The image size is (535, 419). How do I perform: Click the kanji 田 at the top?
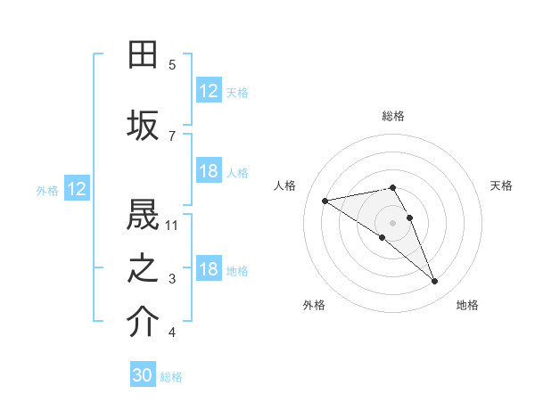tap(143, 54)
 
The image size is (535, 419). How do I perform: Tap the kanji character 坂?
tap(143, 126)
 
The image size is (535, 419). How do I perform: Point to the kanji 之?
tap(143, 268)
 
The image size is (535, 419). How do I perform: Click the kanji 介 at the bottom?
tap(143, 323)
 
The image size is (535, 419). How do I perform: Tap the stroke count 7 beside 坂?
tap(172, 136)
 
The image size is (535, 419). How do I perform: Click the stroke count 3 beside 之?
tap(172, 279)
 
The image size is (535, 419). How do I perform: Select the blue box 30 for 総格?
tap(143, 375)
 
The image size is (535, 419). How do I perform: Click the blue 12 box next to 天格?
tap(209, 91)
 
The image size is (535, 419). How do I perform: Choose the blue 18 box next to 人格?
tap(209, 171)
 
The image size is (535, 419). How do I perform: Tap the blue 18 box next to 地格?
tap(209, 269)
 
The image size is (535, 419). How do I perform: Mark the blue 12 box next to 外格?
tap(77, 189)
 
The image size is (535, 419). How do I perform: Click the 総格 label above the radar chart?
tap(393, 116)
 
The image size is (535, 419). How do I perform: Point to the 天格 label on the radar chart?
tap(501, 185)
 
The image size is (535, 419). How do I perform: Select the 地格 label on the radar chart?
tap(467, 305)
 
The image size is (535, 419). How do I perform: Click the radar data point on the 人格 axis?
tap(325, 201)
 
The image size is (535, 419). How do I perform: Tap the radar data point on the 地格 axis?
tap(435, 282)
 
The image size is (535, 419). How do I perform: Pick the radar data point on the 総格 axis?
tap(393, 187)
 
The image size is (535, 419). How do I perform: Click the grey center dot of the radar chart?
tap(392, 222)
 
